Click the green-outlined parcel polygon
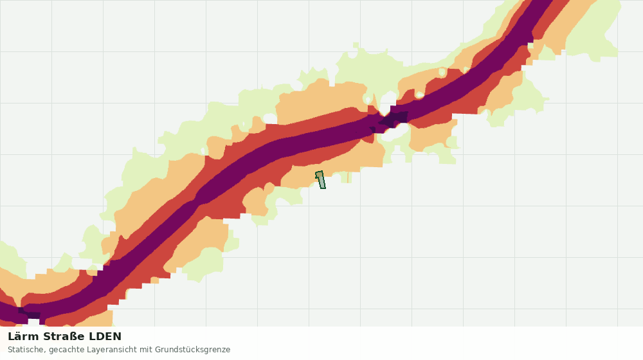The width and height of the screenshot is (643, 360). pos(321,180)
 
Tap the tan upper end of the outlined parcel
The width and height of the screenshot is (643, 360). pos(319,175)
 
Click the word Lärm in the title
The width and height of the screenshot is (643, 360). pos(24,337)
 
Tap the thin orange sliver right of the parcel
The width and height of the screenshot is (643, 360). pos(348,177)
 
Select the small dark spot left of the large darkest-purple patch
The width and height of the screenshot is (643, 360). pos(372,130)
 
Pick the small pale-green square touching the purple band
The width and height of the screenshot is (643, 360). pos(530,46)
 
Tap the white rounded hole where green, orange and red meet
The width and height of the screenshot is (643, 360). pos(270,118)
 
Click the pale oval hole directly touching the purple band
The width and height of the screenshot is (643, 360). pos(419,95)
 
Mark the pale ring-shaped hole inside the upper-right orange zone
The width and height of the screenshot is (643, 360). pos(442,73)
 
